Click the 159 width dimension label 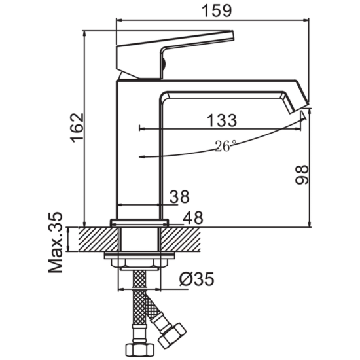[217, 10]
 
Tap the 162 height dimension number [77, 128]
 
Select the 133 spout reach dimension [221, 120]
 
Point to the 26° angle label [225, 146]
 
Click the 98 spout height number [302, 175]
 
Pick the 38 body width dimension [179, 196]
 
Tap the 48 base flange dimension [193, 217]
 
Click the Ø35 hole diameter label [197, 279]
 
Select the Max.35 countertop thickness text [56, 242]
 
